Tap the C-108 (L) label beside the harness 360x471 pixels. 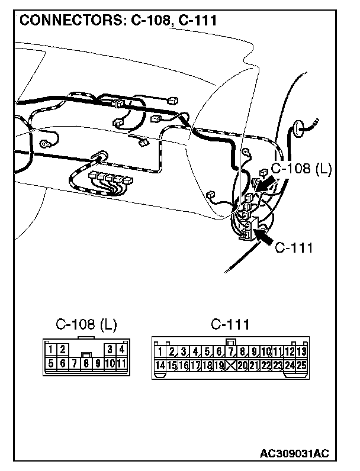[x=301, y=169]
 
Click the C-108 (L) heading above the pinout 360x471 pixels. [x=86, y=325]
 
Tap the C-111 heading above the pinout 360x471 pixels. [x=230, y=325]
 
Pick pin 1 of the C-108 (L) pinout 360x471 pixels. [x=52, y=350]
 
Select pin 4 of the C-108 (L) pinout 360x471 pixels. [x=121, y=350]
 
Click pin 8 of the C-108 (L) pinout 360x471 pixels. [x=86, y=363]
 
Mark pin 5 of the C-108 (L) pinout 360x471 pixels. [x=52, y=363]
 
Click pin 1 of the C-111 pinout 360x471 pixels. [x=160, y=352]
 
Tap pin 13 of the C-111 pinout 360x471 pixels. [x=301, y=352]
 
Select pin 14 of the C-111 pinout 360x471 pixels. [x=160, y=366]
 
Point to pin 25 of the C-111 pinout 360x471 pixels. [x=301, y=366]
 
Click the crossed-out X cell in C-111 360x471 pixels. [x=230, y=366]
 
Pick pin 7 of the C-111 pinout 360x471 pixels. [x=230, y=352]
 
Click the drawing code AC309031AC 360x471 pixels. [x=294, y=454]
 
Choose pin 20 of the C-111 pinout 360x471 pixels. [x=242, y=366]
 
